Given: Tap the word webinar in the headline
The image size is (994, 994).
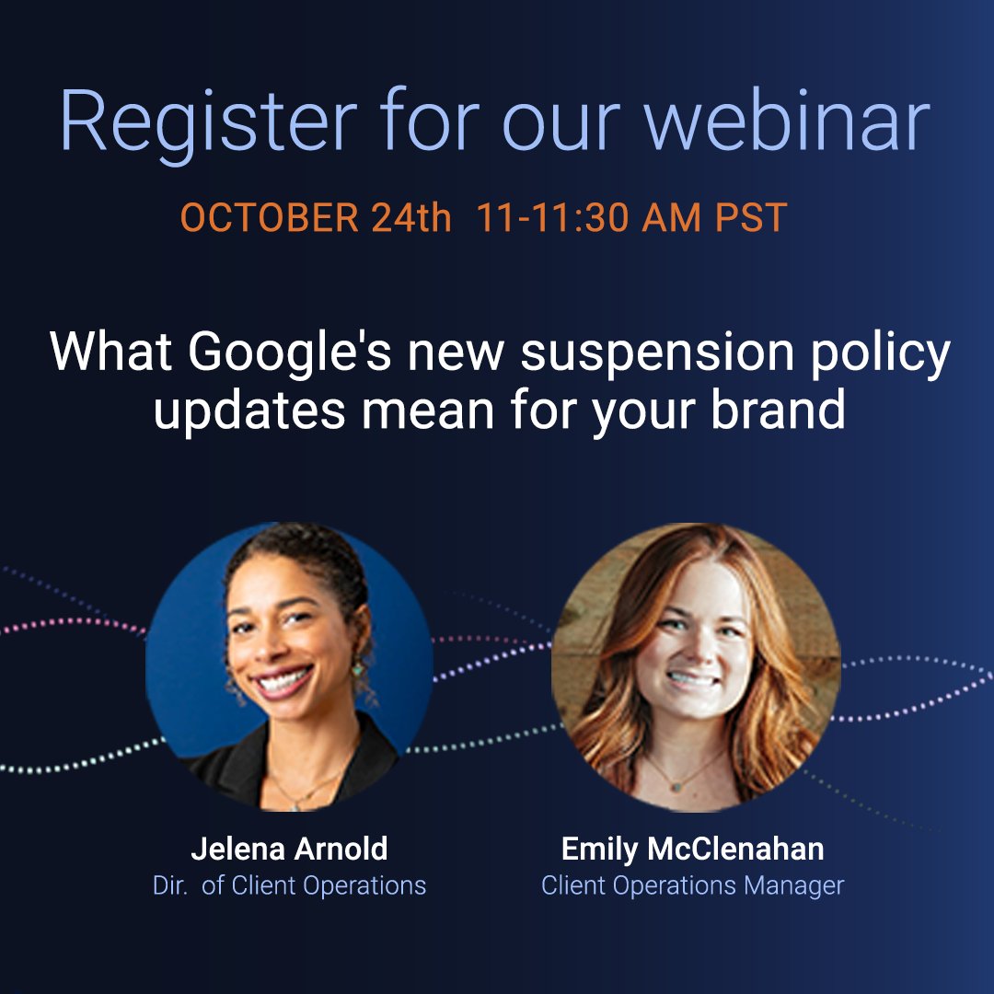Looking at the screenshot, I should click(788, 121).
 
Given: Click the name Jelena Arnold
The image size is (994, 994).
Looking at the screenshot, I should click(289, 850).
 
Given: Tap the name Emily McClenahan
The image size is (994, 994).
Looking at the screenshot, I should click(693, 850).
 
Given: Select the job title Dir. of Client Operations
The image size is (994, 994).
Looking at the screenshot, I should click(289, 885).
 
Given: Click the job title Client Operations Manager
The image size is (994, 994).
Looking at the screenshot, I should click(693, 885).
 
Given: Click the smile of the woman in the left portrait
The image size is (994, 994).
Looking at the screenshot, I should click(283, 682).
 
